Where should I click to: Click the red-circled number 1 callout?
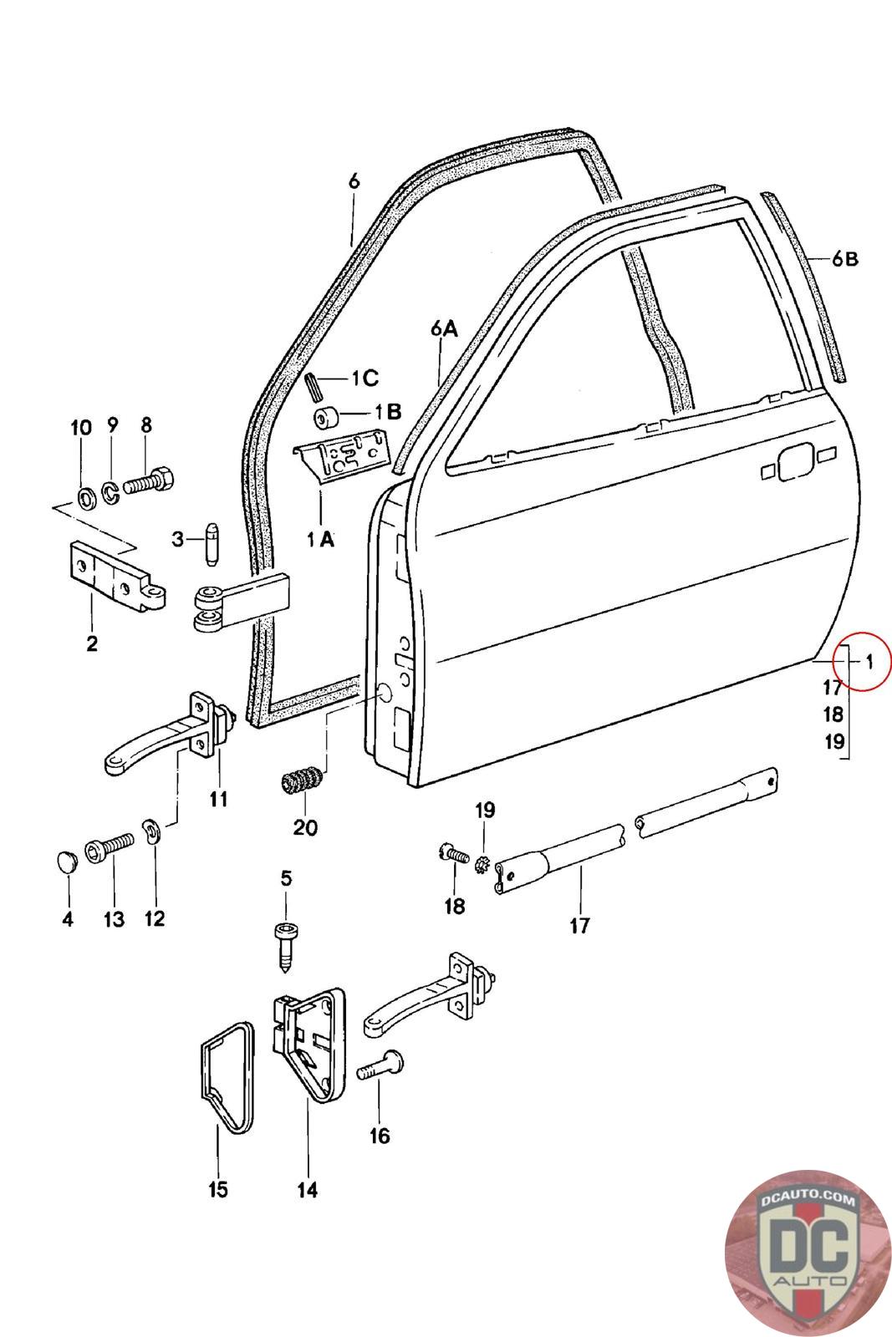[x=869, y=661]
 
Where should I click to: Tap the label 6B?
[x=845, y=259]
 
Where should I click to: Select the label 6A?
[x=444, y=329]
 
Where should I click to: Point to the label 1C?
[x=364, y=378]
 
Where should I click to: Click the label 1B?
[x=388, y=411]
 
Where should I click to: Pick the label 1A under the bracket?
[x=321, y=540]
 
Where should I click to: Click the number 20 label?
[x=305, y=827]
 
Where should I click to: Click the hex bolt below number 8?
[x=149, y=480]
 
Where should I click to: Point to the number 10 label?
[x=81, y=428]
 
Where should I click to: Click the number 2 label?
[x=92, y=643]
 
